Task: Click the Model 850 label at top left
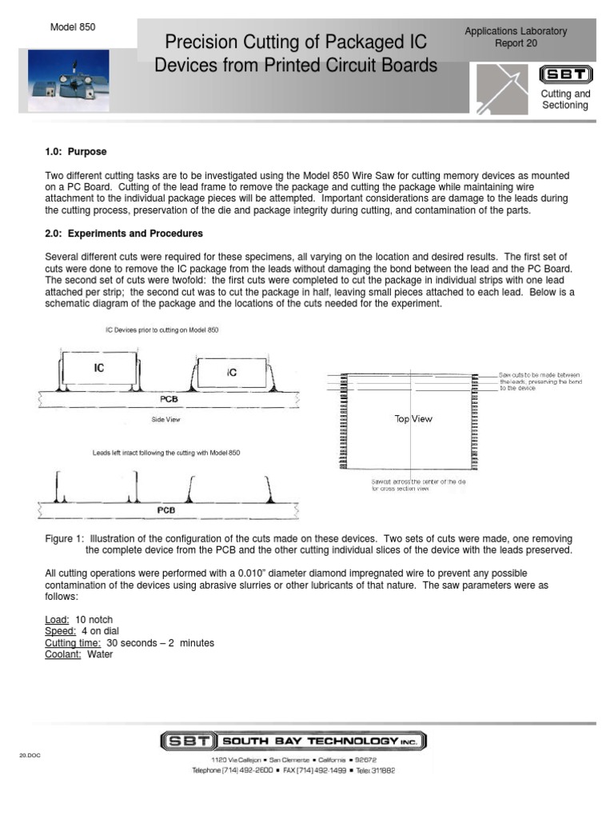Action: click(x=73, y=26)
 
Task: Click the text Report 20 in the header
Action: click(x=516, y=45)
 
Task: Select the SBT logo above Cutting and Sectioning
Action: click(x=566, y=75)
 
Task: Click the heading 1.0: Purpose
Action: click(x=76, y=152)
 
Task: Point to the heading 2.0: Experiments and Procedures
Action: click(x=124, y=234)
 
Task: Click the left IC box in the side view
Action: click(x=98, y=369)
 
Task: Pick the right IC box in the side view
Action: click(x=232, y=372)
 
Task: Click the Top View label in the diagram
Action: click(x=413, y=418)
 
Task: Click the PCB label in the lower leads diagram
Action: click(x=165, y=509)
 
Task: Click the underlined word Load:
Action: click(x=58, y=619)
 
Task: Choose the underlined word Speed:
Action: click(x=61, y=631)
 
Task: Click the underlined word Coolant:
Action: click(x=63, y=653)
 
